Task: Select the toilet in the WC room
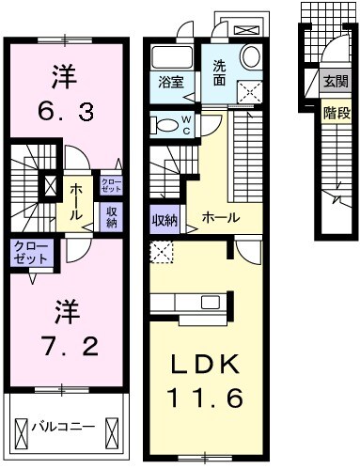coord(167,124)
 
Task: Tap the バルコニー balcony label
coord(63,427)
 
